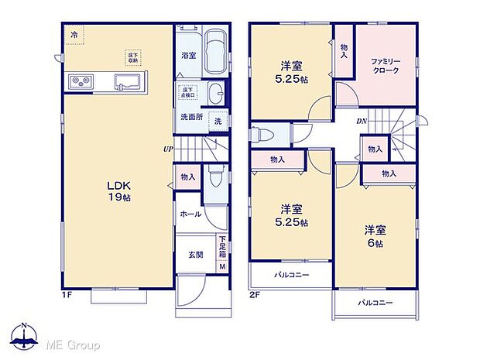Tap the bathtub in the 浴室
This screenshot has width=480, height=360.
pos(216,53)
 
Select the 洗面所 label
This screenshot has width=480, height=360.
pos(191,117)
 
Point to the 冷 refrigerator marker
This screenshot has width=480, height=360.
pos(74,34)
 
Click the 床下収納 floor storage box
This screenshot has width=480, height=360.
pos(134,58)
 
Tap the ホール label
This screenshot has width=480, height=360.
pos(191,214)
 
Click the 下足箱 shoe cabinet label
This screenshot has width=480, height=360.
pos(222,247)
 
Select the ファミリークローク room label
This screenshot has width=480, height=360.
pos(385,66)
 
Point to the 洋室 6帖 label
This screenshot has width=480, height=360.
pos(375,236)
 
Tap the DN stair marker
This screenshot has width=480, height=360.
pos(362,122)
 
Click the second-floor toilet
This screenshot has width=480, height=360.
pos(262,133)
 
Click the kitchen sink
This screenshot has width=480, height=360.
pos(127,81)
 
